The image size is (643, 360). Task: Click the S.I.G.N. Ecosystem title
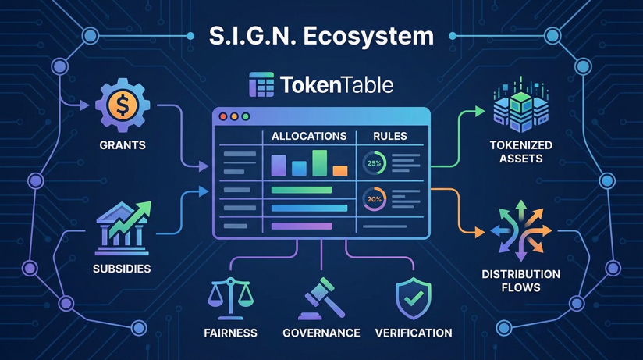coord(321,36)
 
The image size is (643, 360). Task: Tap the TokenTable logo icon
coord(261,85)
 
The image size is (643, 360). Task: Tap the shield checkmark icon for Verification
coord(413,298)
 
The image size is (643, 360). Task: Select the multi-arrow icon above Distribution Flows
coord(520,231)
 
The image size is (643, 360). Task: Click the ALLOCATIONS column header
coord(309,136)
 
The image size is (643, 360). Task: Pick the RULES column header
coord(390,136)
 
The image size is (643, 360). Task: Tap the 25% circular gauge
coord(374,163)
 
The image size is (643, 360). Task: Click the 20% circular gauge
coord(374,199)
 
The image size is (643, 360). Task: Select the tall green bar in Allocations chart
coord(319,162)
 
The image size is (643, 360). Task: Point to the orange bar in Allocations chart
coord(339,170)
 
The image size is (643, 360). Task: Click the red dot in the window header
coord(223,116)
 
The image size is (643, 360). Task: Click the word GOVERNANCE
coord(321,333)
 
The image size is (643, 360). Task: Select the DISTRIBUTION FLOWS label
coord(520,280)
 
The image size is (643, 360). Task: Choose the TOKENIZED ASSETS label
coord(520,151)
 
